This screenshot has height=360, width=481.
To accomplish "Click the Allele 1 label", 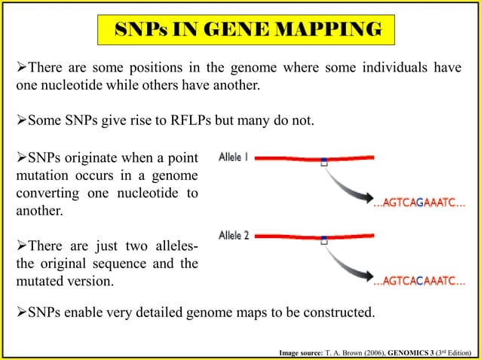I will point(234,159).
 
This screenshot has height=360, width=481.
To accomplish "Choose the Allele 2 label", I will point(234,236).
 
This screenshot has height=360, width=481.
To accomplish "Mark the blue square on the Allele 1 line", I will point(323,161).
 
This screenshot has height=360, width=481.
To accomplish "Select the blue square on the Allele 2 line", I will point(324,241).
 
